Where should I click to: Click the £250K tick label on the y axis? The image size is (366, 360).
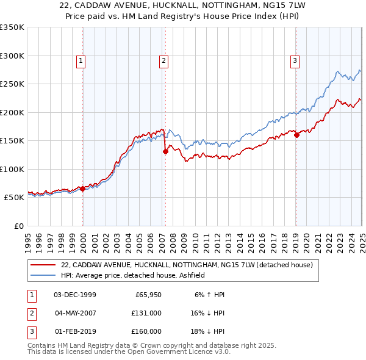coord(12,84)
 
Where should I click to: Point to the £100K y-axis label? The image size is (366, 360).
coord(12,169)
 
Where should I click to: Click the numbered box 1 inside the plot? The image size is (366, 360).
coord(81,60)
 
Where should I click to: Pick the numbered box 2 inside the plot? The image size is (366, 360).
coord(164,60)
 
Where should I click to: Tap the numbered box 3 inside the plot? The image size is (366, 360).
coord(295,60)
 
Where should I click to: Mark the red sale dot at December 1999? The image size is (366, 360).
coord(82,189)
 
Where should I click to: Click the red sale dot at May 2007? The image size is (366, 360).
coord(165,152)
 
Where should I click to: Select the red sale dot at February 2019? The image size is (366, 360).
coord(296,135)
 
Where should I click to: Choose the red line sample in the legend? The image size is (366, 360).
coord(44,265)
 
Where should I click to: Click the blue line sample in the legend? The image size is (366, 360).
coord(44,275)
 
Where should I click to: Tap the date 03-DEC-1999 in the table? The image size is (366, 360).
coord(75,295)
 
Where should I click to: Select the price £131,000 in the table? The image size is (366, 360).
coord(146,313)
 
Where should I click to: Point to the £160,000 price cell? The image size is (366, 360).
coord(146,331)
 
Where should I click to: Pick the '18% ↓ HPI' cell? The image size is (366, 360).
coord(209,331)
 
